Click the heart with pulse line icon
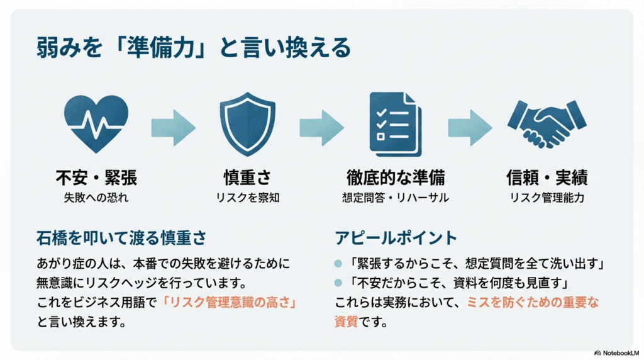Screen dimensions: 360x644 (96, 121)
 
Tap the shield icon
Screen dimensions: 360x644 (247, 123)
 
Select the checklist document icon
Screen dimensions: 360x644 (396, 123)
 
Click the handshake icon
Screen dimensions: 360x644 (546, 123)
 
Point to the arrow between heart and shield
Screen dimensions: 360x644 (173, 123)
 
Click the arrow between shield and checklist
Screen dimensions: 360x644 (321, 123)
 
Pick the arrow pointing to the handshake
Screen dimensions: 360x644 (470, 123)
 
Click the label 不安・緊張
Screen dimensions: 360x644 (96, 178)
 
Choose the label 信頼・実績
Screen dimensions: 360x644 (547, 178)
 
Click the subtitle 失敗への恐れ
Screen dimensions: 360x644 (96, 198)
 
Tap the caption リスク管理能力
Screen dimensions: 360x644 (547, 198)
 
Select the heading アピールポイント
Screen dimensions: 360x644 (396, 238)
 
